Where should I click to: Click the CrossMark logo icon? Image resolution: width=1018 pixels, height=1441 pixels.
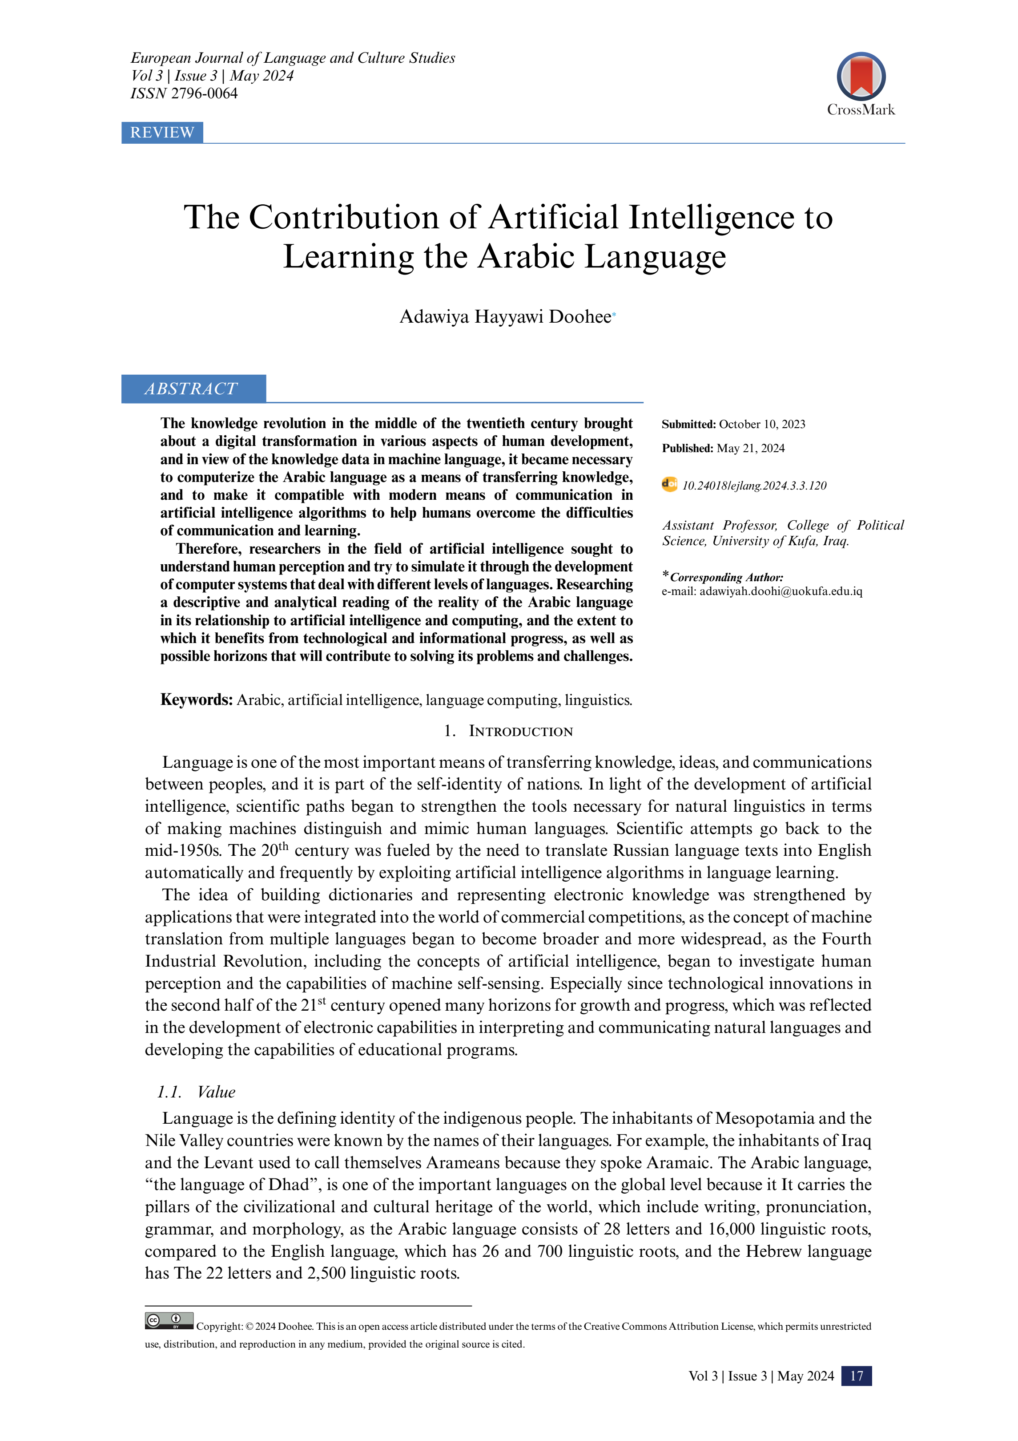click(x=861, y=77)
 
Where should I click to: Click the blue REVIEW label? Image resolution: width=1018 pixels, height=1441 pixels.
click(x=162, y=133)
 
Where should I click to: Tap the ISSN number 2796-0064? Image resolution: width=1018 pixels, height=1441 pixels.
click(x=205, y=93)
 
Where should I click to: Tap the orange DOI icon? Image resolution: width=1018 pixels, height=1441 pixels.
click(x=669, y=485)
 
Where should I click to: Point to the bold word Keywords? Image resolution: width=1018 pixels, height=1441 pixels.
click(x=196, y=700)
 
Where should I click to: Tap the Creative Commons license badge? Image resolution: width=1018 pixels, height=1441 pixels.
click(x=169, y=1320)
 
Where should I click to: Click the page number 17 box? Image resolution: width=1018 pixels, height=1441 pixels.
click(x=856, y=1376)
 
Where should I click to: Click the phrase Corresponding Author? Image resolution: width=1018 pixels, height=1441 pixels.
click(x=726, y=577)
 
